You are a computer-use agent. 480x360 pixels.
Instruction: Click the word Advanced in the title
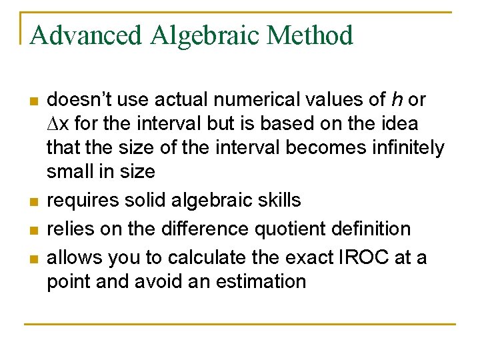(x=86, y=35)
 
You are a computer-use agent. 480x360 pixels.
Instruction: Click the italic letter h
(x=397, y=100)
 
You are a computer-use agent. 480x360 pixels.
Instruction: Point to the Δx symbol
(x=57, y=124)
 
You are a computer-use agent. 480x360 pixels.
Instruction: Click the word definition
(x=373, y=229)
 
